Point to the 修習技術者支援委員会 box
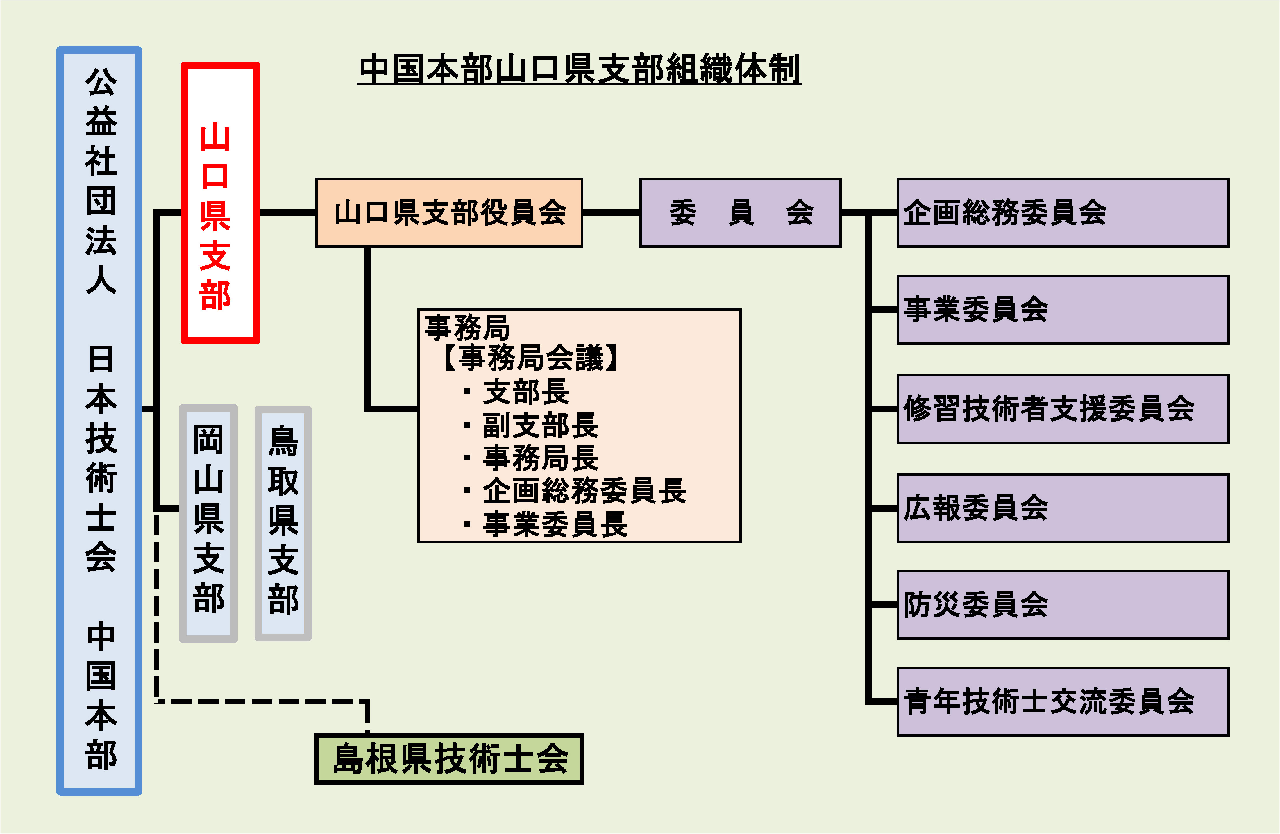pos(1063,409)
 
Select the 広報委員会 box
pos(1063,508)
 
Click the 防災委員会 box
pos(1063,605)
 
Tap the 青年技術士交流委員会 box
pos(1063,702)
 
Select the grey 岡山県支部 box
pos(208,523)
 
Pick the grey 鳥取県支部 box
pos(283,523)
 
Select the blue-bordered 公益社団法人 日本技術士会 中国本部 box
pos(99,420)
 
